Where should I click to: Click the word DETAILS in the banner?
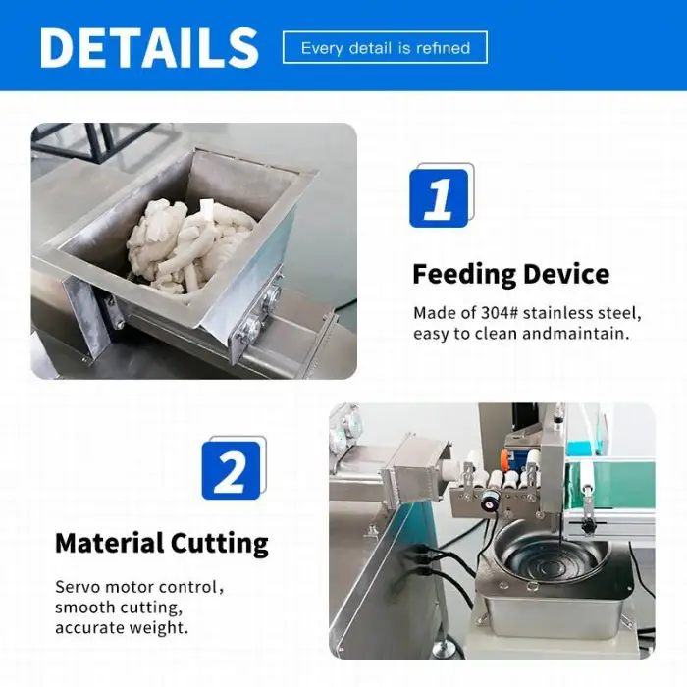point(149,47)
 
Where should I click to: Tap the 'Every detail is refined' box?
point(385,47)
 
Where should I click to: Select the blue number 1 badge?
point(439,198)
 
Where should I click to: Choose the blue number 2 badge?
point(231,470)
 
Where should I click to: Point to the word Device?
point(566,274)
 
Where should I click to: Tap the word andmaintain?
point(576,334)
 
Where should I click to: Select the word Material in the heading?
point(110,543)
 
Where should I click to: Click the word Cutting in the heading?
point(220,544)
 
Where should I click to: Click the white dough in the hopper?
point(190,246)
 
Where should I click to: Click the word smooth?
point(84,608)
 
